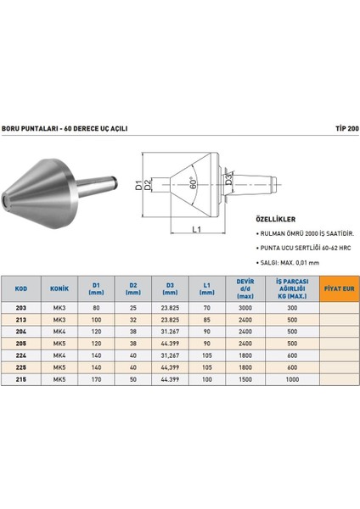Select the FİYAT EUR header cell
[x=337, y=289]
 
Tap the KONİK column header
[x=59, y=289]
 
